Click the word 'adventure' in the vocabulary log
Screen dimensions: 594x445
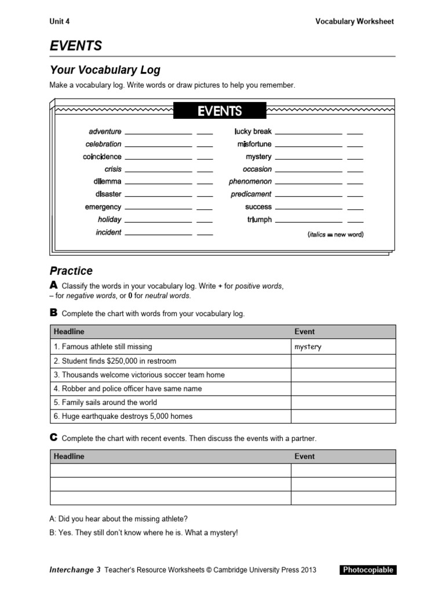105,132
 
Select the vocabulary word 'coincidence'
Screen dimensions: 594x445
102,157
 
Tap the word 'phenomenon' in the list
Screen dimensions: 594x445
250,182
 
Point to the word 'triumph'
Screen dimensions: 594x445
259,220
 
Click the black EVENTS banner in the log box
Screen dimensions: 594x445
220,111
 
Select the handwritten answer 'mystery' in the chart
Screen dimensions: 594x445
308,347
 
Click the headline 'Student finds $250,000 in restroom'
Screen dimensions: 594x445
115,361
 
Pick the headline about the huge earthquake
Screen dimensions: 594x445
123,416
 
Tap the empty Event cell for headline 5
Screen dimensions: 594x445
343,403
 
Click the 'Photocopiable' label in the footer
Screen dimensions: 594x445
368,570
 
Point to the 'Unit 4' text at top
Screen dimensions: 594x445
60,21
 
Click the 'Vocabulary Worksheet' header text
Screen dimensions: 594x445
354,21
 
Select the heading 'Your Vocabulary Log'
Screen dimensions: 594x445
105,70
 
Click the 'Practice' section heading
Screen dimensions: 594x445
71,271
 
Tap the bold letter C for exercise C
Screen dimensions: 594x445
53,437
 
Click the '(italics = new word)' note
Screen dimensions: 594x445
335,234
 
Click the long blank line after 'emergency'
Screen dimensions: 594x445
158,208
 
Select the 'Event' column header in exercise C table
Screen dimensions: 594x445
305,457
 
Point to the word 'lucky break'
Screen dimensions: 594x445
253,132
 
